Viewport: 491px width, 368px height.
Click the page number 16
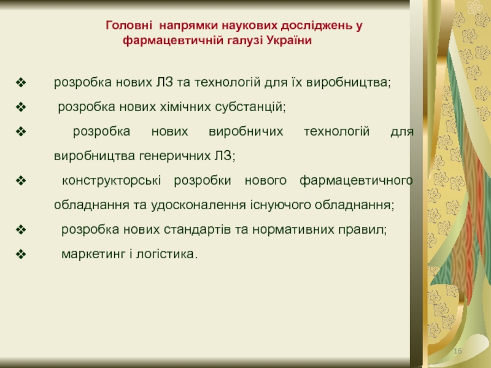pyautogui.click(x=458, y=351)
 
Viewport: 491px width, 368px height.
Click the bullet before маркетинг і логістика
pyautogui.click(x=21, y=254)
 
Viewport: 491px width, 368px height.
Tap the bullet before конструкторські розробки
pyautogui.click(x=21, y=180)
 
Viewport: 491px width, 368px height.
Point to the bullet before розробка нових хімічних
pyautogui.click(x=21, y=107)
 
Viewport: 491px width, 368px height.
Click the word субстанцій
pyautogui.click(x=250, y=107)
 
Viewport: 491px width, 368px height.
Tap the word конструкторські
pyautogui.click(x=112, y=180)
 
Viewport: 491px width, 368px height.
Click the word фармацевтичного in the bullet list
pyautogui.click(x=357, y=180)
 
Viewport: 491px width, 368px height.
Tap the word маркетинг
pyautogui.click(x=93, y=255)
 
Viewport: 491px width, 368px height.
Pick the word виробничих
pyautogui.click(x=246, y=131)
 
